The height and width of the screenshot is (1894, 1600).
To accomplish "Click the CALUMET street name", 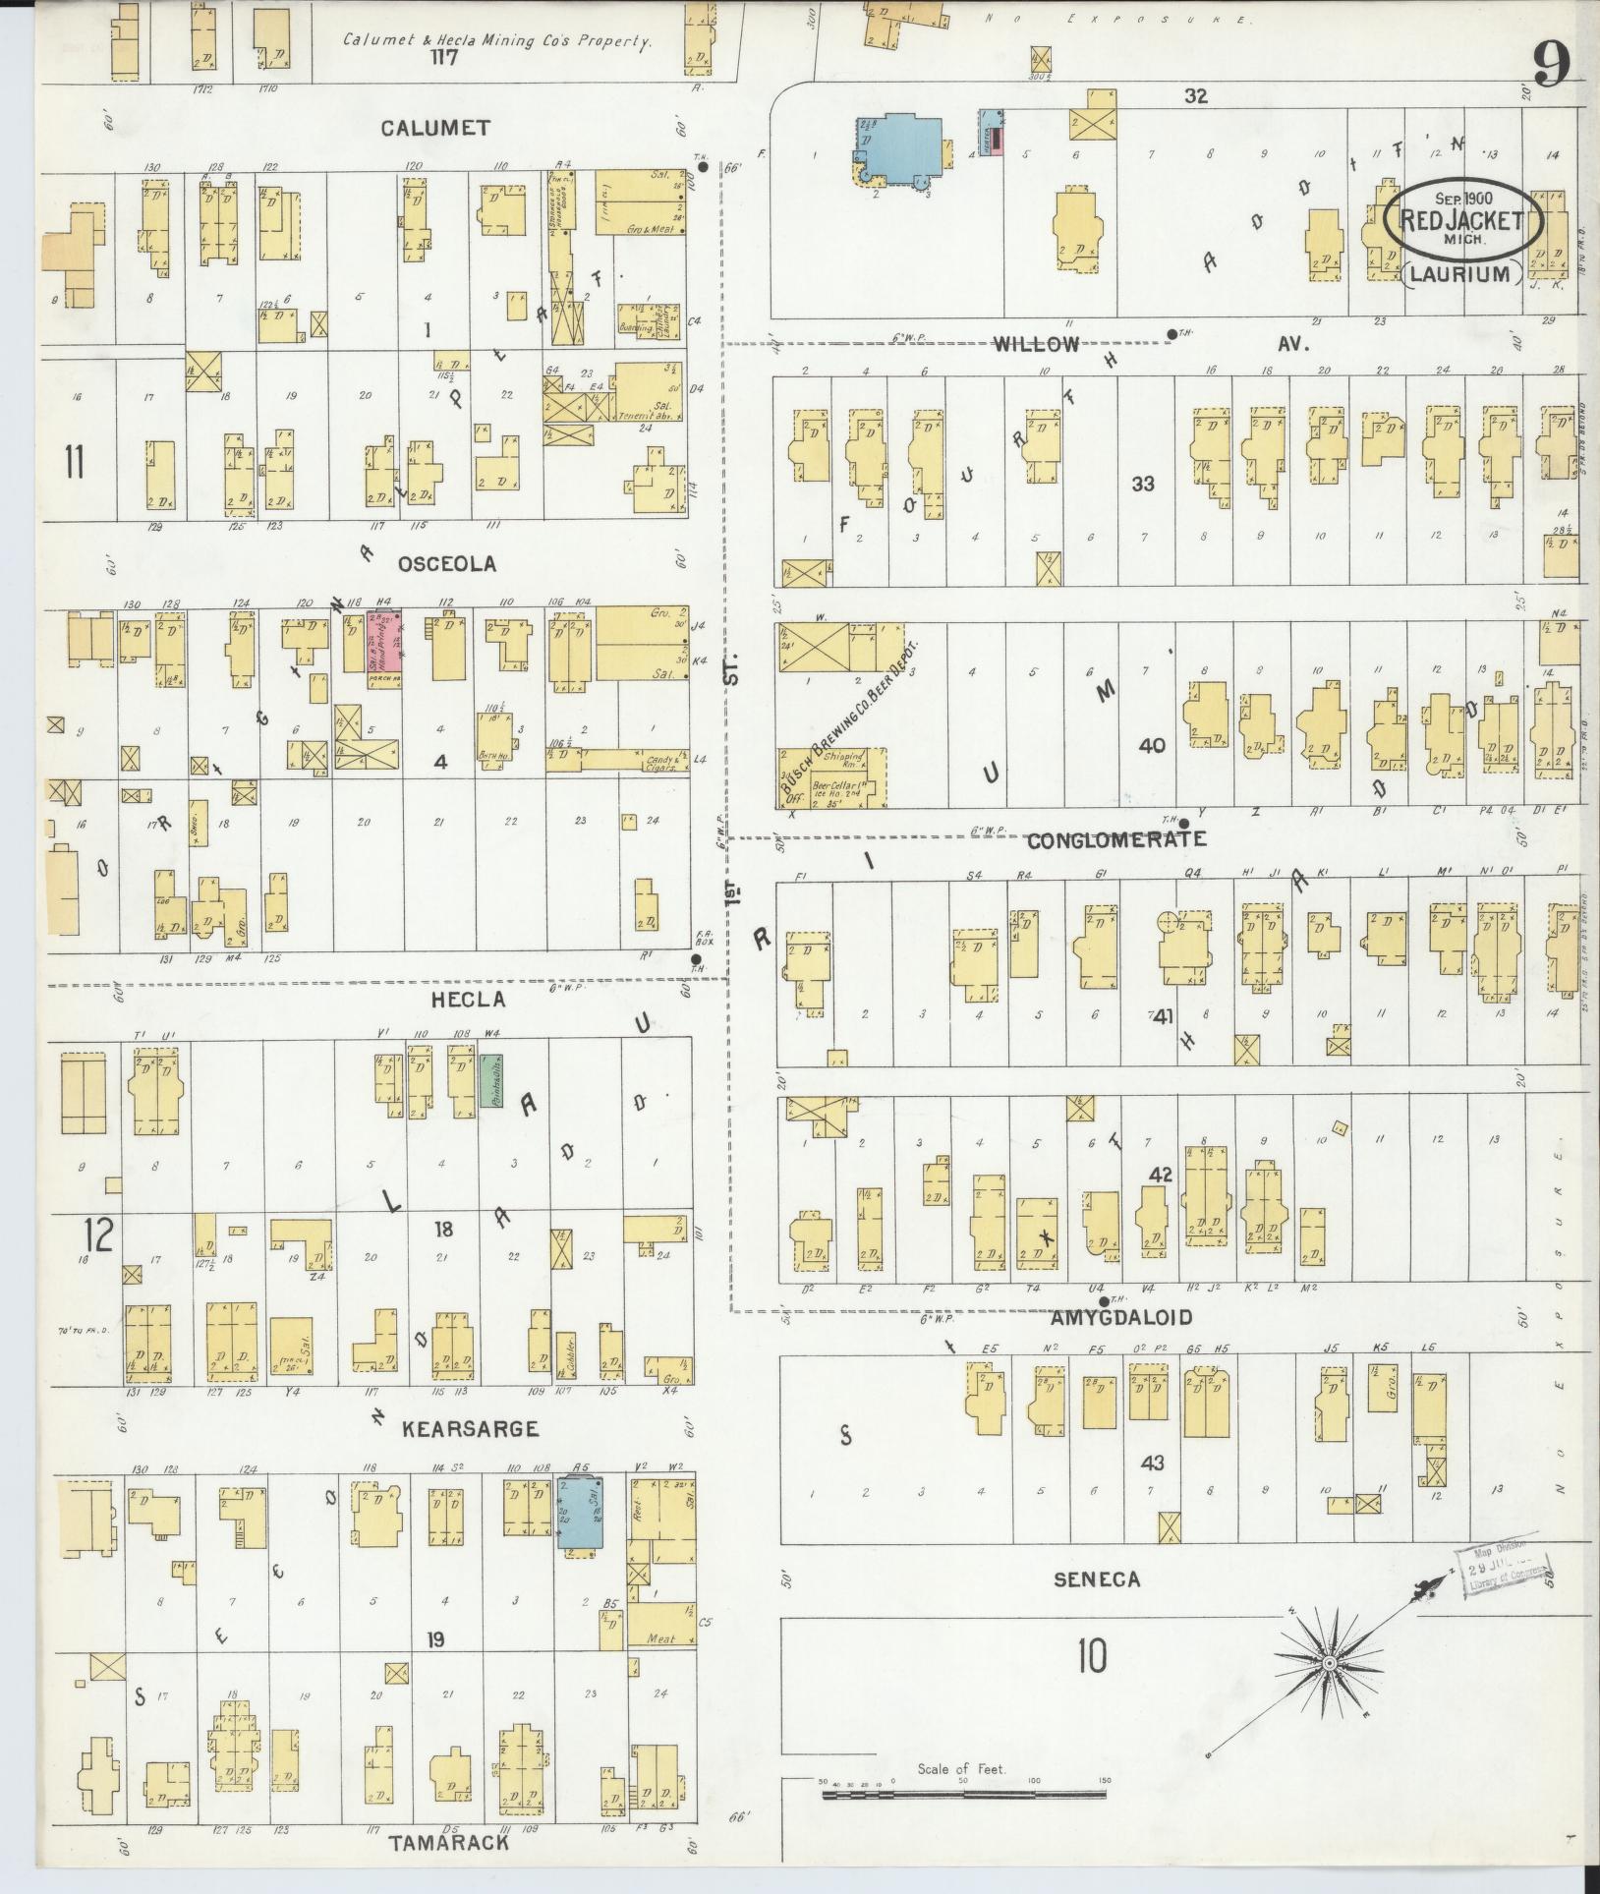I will pyautogui.click(x=434, y=128).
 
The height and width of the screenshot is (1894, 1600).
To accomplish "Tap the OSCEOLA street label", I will pyautogui.click(x=446, y=564).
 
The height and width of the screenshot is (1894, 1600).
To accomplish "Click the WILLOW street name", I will pyautogui.click(x=1036, y=344).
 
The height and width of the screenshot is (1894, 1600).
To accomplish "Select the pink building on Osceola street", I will pyautogui.click(x=384, y=648).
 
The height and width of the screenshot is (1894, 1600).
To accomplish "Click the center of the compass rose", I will pyautogui.click(x=1328, y=1661).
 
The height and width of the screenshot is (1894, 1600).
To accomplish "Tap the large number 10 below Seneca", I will pyautogui.click(x=1091, y=1654).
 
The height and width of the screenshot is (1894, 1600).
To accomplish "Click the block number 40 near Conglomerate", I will pyautogui.click(x=1151, y=746).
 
